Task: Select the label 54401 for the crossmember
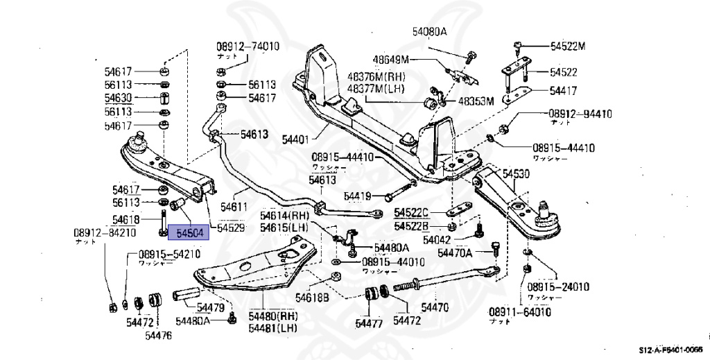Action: pos(296,139)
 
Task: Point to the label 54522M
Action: pos(568,46)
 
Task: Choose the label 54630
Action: pos(118,98)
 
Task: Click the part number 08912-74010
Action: pos(248,46)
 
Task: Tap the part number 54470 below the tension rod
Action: pos(435,306)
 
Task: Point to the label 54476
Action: pos(159,336)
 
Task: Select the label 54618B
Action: pos(312,298)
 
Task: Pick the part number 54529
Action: pos(230,228)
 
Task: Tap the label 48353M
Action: pos(475,101)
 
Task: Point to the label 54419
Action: pos(361,196)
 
